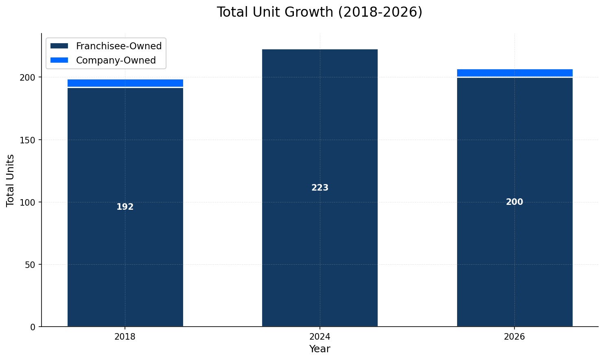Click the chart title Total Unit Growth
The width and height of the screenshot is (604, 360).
[x=320, y=12]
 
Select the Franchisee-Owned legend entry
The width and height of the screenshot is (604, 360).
[x=118, y=46]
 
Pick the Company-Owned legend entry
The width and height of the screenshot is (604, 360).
[x=116, y=60]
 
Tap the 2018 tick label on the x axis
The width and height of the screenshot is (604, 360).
[x=125, y=337]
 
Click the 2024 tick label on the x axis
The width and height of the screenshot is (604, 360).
[x=320, y=337]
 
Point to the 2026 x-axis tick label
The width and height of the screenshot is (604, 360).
[x=514, y=337]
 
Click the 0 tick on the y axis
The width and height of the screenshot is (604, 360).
[x=33, y=327]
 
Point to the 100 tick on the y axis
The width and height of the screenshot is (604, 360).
[x=28, y=202]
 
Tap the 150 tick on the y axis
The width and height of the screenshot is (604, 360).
[x=28, y=140]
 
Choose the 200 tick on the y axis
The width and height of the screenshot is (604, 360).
[x=28, y=77]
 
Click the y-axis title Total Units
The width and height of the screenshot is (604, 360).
[x=11, y=180]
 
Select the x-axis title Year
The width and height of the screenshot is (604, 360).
[x=320, y=349]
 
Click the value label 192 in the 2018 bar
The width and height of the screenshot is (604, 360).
[x=125, y=207]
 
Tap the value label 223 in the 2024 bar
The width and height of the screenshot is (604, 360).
[x=320, y=188]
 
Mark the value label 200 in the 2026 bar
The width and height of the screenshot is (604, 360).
[x=514, y=202]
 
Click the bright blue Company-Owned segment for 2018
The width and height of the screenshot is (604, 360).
[x=125, y=83]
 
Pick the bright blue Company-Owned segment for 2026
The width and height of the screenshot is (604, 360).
[x=514, y=73]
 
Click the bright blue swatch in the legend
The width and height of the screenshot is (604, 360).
[x=59, y=60]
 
